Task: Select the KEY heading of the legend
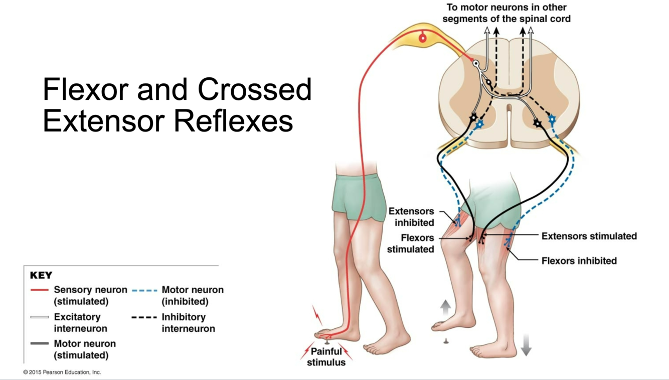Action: [x=41, y=276]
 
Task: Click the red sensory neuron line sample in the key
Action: [x=40, y=290]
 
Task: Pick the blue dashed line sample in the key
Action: [x=144, y=290]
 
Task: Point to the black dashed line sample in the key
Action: [x=144, y=317]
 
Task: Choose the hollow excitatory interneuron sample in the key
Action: [x=40, y=317]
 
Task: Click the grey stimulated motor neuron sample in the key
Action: [x=40, y=344]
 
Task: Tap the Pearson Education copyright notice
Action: [x=62, y=372]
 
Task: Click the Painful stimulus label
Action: [x=326, y=356]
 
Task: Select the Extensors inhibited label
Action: [x=411, y=217]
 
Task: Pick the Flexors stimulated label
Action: [x=411, y=243]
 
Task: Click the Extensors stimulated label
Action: [x=589, y=236]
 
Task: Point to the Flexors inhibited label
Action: [x=579, y=261]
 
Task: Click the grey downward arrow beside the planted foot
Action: [x=526, y=345]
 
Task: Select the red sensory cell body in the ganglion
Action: [x=423, y=38]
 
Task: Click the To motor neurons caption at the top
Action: [x=507, y=13]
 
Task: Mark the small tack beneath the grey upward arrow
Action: [x=445, y=341]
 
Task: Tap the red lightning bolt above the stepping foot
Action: [x=317, y=315]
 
